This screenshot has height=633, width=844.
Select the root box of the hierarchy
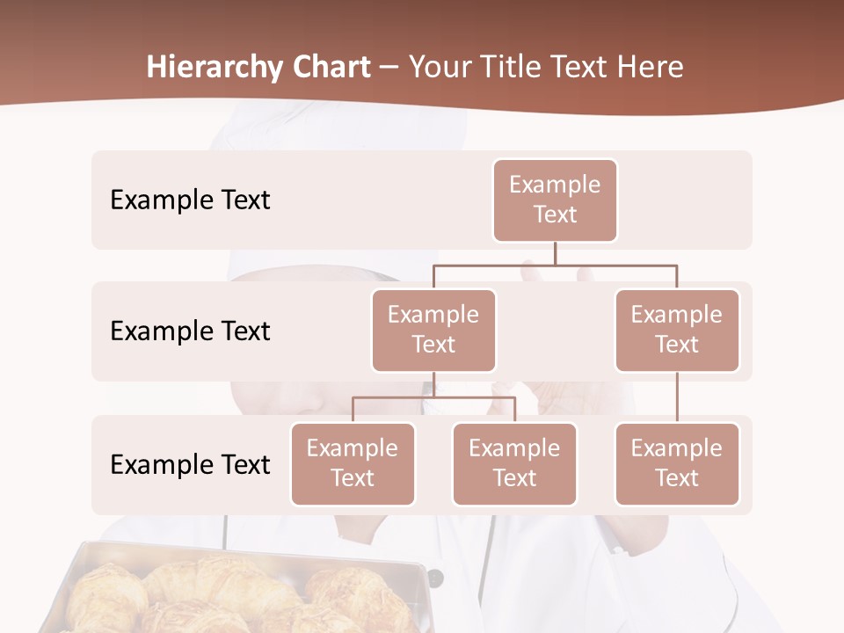pos(555,200)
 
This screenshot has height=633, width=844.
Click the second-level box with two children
pos(433,330)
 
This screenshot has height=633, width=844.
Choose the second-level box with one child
pos(677,330)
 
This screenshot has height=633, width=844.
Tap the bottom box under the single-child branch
pos(677,463)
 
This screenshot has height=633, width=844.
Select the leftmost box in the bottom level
pos(353,463)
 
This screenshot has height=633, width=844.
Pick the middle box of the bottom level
pos(514,463)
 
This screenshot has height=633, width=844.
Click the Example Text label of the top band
pos(190,200)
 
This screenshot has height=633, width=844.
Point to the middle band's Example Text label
pos(190,331)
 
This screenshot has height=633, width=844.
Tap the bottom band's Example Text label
pos(190,464)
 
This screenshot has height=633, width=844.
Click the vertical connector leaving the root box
pos(555,253)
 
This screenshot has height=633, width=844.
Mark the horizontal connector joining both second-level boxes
pos(555,265)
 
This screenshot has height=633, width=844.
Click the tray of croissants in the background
pos(237,589)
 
